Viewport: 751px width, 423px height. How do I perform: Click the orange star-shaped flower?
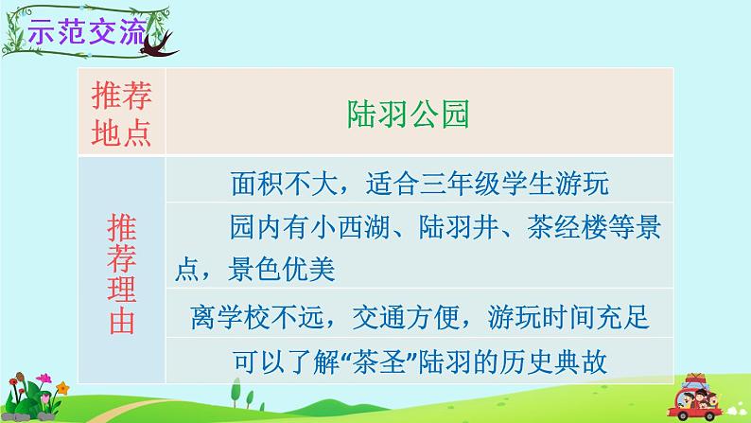tap(62, 388)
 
